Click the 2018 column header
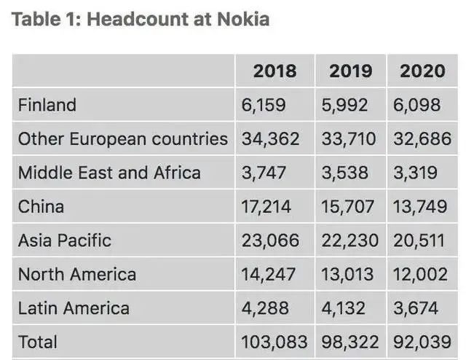(275, 71)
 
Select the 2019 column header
(350, 71)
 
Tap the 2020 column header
(422, 71)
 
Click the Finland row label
(47, 105)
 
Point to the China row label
(41, 207)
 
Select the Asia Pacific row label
(65, 240)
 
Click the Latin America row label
(74, 308)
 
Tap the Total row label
(38, 342)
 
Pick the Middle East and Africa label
(109, 173)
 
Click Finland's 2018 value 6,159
(264, 105)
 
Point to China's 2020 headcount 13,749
(420, 207)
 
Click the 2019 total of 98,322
(350, 342)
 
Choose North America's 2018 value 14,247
(269, 275)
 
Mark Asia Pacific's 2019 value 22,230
(350, 240)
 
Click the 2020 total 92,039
(422, 342)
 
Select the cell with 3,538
(345, 173)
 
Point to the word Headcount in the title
(133, 20)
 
